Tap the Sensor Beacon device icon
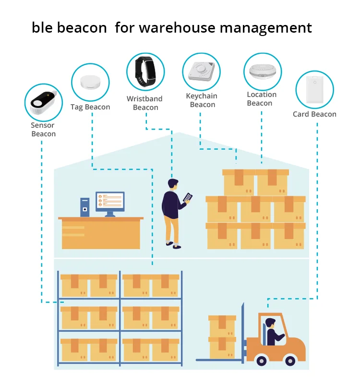pyautogui.click(x=44, y=102)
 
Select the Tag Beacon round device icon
pyautogui.click(x=90, y=83)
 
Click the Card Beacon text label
pyautogui.click(x=314, y=114)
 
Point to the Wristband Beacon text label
pyautogui.click(x=144, y=103)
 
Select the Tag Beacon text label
pyautogui.click(x=90, y=107)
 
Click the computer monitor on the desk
pyautogui.click(x=110, y=202)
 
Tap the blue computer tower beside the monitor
pyautogui.click(x=85, y=207)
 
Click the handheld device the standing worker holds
pyautogui.click(x=188, y=197)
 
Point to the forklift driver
pyautogui.click(x=274, y=331)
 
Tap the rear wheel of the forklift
pyautogui.click(x=291, y=360)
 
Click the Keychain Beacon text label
pyautogui.click(x=202, y=100)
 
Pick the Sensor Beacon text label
pyautogui.click(x=43, y=130)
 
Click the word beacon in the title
pyautogui.click(x=81, y=27)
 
